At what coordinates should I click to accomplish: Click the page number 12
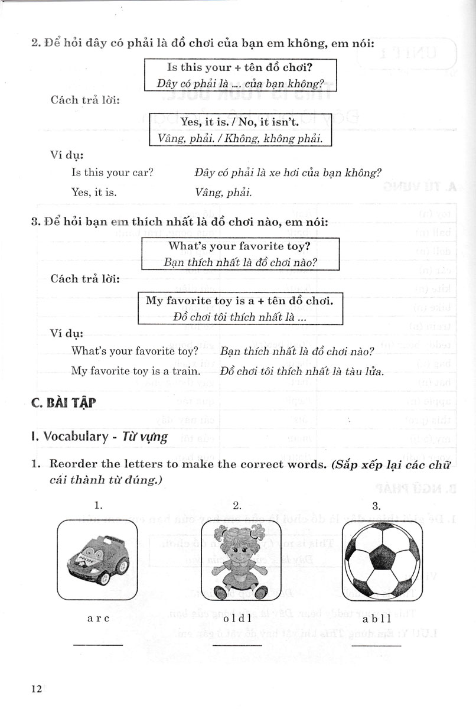[x=36, y=689]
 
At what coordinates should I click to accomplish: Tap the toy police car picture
[x=97, y=558]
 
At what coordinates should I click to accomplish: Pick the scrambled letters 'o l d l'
[x=237, y=619]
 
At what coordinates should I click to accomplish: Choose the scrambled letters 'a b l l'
[x=376, y=619]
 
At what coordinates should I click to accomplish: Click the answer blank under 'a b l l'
[x=376, y=645]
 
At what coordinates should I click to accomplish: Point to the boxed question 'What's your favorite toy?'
[x=240, y=246]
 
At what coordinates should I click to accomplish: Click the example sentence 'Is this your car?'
[x=112, y=173]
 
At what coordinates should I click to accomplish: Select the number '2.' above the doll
[x=237, y=505]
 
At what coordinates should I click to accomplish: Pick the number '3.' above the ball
[x=376, y=505]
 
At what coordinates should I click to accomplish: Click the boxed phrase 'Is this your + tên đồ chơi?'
[x=240, y=66]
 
